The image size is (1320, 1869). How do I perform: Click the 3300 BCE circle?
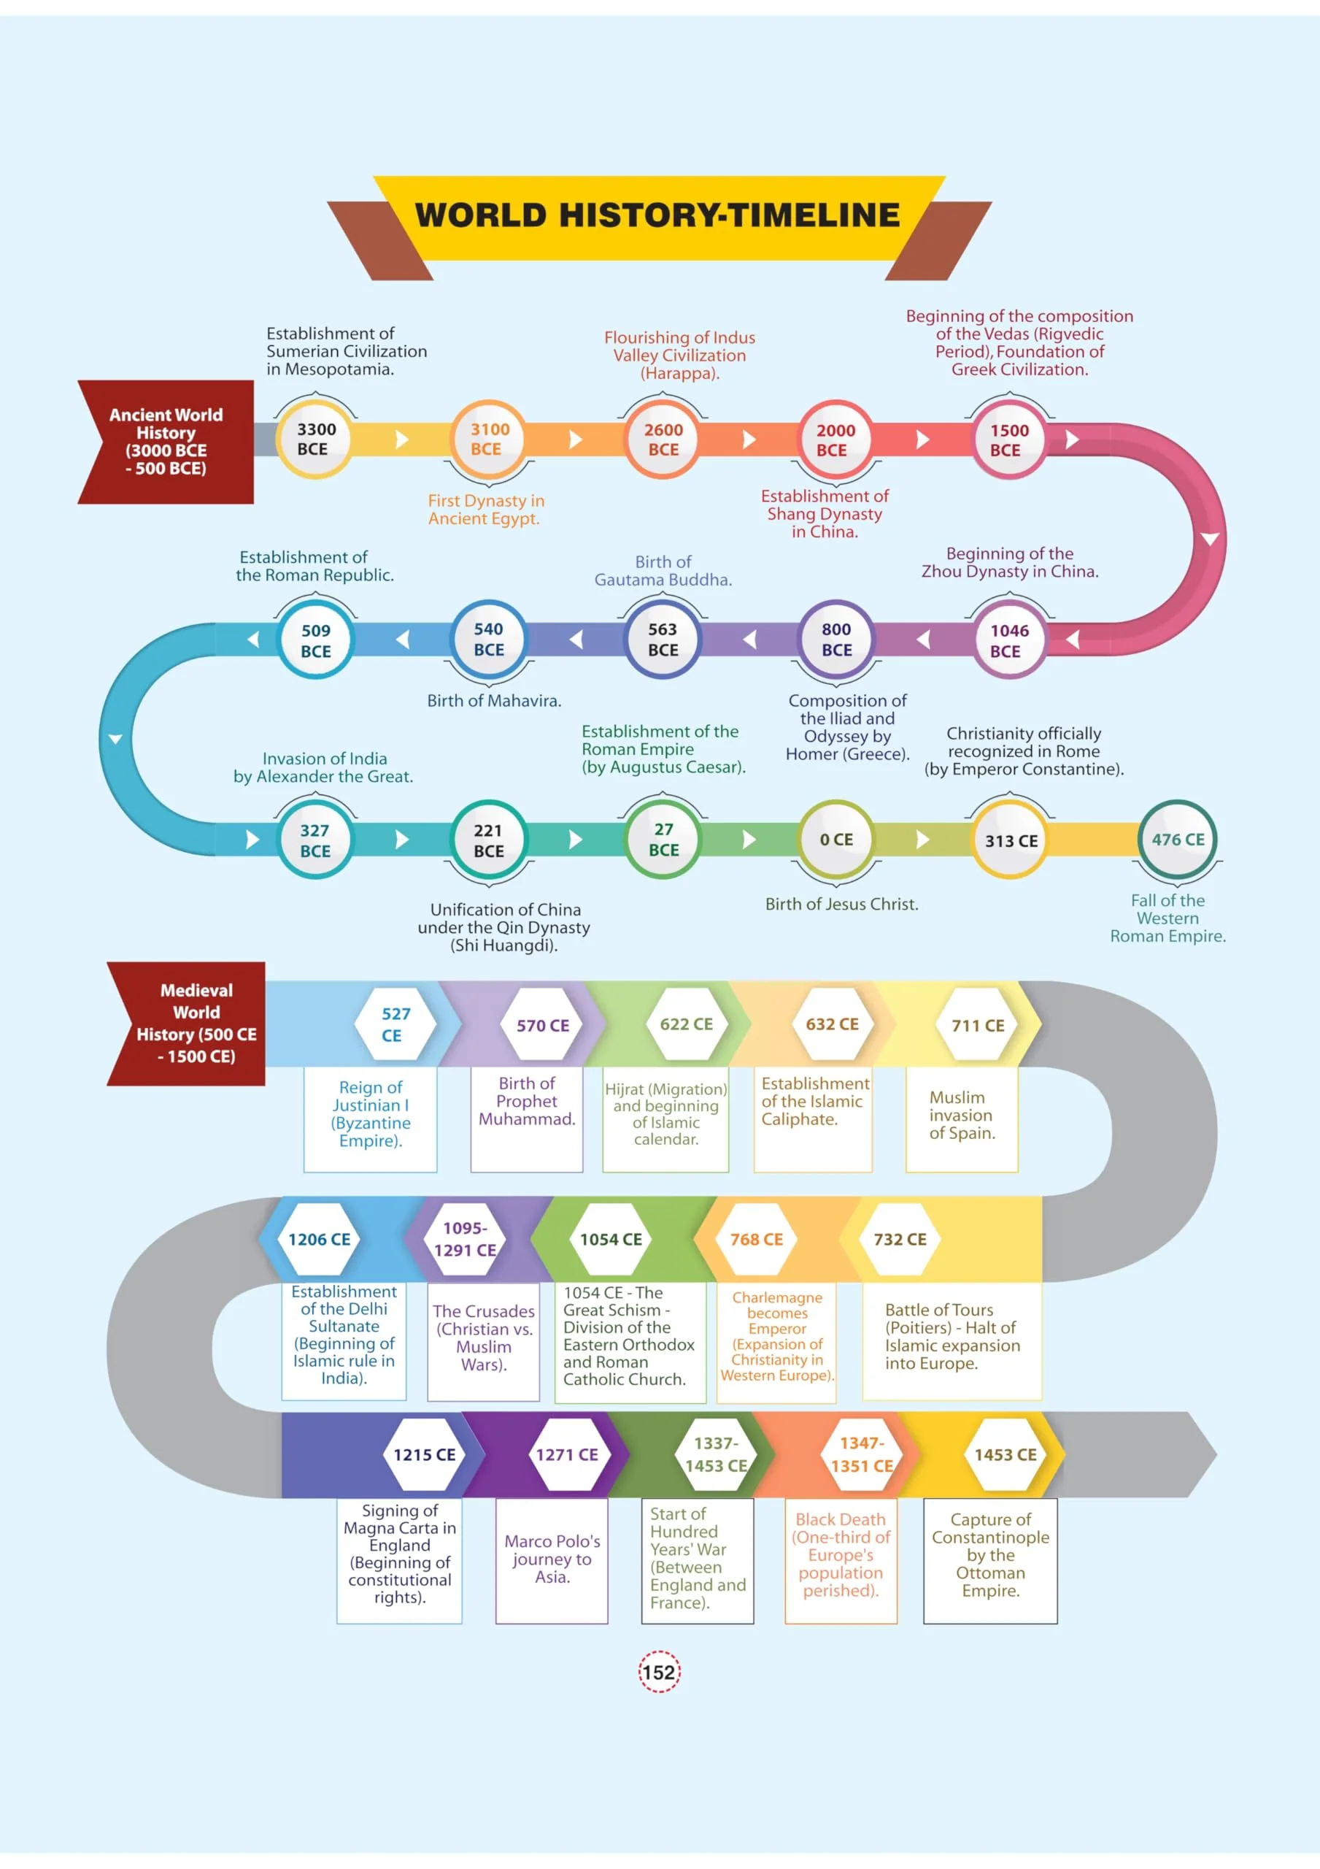click(314, 439)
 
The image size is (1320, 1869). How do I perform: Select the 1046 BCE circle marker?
click(1008, 640)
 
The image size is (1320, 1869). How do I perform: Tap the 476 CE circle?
click(1177, 840)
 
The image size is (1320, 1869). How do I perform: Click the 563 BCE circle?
click(663, 639)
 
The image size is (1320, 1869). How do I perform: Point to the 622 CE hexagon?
click(686, 1024)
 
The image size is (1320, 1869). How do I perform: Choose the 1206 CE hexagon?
click(319, 1239)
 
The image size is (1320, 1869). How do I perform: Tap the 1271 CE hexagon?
click(566, 1454)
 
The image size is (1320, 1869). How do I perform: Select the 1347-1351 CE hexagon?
click(861, 1454)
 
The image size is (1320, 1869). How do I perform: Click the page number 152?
click(658, 1672)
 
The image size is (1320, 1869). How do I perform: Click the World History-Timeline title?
click(658, 215)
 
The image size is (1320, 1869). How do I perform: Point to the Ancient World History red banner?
click(166, 441)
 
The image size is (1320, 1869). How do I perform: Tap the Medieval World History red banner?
click(186, 1024)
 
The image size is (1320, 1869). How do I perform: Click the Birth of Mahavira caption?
click(494, 700)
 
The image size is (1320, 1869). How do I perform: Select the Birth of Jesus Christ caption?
click(841, 904)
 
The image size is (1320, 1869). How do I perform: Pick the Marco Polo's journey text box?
click(552, 1560)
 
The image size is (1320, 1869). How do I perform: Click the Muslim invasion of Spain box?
click(962, 1119)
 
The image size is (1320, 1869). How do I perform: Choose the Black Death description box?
click(841, 1560)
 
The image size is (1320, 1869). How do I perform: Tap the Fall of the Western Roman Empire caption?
click(1167, 918)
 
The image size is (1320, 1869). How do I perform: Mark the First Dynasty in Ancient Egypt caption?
click(486, 509)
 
